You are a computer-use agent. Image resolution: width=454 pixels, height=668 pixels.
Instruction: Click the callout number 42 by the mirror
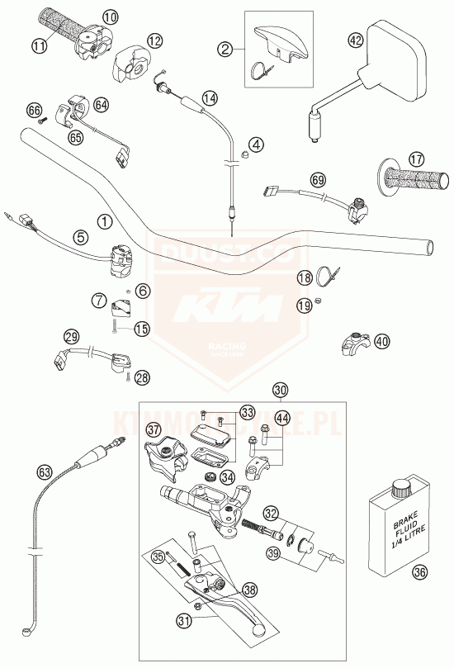pyautogui.click(x=356, y=39)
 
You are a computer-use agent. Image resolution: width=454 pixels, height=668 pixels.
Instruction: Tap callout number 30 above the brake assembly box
pyautogui.click(x=281, y=390)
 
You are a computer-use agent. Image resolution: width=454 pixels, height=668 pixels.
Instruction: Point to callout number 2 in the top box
pyautogui.click(x=224, y=50)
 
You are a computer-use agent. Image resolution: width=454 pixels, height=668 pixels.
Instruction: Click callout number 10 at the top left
pyautogui.click(x=111, y=16)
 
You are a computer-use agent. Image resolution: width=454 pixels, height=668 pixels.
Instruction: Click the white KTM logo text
pyautogui.click(x=225, y=313)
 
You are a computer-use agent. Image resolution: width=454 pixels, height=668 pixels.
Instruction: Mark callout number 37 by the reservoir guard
pyautogui.click(x=154, y=429)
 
